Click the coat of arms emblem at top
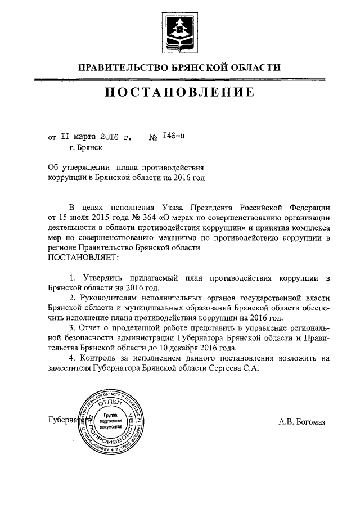click(x=179, y=29)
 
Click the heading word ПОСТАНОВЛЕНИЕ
click(x=179, y=92)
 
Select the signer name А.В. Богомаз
click(x=301, y=421)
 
